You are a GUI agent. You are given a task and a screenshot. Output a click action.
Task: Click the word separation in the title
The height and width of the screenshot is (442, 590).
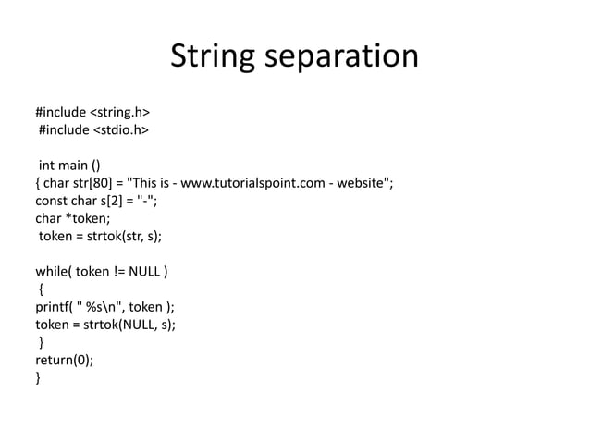point(343,57)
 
